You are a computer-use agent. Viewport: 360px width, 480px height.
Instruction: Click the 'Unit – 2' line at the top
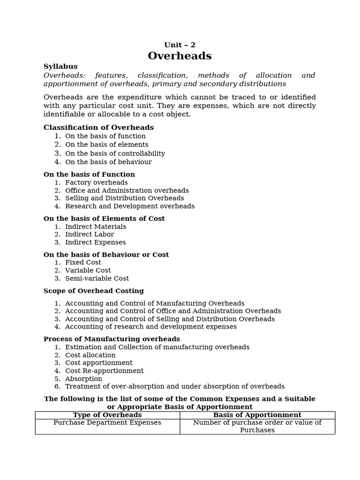click(180, 45)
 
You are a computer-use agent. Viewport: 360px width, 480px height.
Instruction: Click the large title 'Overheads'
click(180, 56)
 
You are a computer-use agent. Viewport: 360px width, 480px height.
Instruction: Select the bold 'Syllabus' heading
click(60, 67)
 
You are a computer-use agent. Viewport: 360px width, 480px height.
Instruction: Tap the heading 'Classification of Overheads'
click(98, 127)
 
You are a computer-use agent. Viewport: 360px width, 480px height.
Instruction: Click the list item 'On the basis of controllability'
click(115, 153)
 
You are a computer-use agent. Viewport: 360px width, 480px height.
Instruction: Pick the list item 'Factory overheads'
click(96, 182)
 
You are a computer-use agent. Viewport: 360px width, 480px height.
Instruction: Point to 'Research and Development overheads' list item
click(130, 206)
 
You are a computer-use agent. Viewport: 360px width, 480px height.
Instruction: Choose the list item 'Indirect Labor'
click(90, 234)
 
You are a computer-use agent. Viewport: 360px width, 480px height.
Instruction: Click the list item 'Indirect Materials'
click(96, 226)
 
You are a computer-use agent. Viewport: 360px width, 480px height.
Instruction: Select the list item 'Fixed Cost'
click(83, 262)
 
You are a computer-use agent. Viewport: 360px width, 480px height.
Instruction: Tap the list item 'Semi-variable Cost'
click(97, 278)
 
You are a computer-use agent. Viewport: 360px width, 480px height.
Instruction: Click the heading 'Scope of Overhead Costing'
click(94, 291)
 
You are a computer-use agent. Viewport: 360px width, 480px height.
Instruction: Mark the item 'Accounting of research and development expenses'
click(151, 327)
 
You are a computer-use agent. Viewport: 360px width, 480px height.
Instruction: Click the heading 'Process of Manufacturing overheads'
click(112, 339)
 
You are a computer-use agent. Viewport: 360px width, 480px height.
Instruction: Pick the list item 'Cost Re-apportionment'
click(104, 371)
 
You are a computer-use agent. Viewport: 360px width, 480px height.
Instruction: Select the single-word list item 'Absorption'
click(83, 379)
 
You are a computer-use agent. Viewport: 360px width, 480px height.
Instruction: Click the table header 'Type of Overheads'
click(107, 415)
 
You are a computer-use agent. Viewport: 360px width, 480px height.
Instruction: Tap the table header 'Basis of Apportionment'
click(257, 415)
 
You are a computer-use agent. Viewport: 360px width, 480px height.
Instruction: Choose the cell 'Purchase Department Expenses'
click(107, 423)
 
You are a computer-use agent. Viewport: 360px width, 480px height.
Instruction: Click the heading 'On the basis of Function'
click(89, 174)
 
